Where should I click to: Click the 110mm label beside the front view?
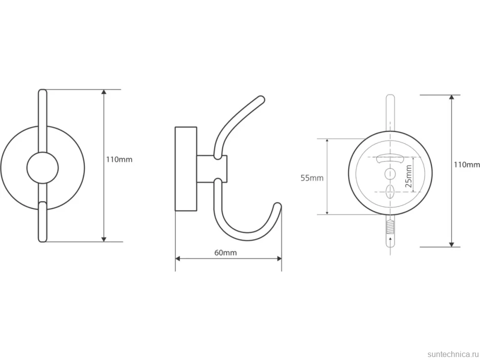pyautogui.click(x=119, y=159)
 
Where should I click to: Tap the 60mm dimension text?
pyautogui.click(x=225, y=253)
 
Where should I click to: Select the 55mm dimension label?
pyautogui.click(x=312, y=178)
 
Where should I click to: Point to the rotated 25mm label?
pyautogui.click(x=408, y=177)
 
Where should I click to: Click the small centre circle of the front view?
pyautogui.click(x=42, y=168)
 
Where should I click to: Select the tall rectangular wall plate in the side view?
pyautogui.click(x=186, y=169)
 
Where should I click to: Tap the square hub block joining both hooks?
pyautogui.click(x=212, y=169)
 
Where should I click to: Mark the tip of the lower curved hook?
pyautogui.click(x=278, y=206)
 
